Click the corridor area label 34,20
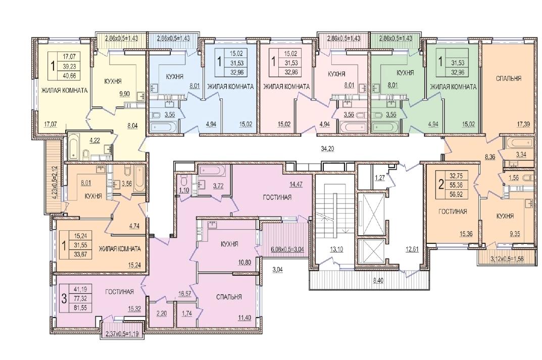[327, 149]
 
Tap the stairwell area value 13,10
[336, 249]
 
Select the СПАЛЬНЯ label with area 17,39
[509, 78]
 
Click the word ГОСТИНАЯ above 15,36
[453, 212]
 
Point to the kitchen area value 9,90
[124, 93]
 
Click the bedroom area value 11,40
[244, 318]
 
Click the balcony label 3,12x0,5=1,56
[507, 259]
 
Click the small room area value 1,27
[380, 178]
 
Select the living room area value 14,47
[296, 184]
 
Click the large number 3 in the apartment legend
[64, 298]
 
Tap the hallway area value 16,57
[185, 294]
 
